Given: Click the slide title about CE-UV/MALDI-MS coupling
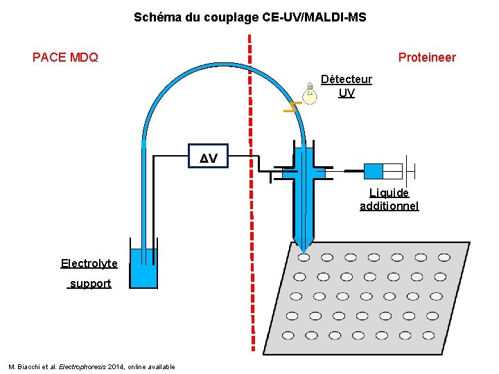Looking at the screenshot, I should click(249, 17).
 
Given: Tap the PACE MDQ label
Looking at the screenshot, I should click(65, 57).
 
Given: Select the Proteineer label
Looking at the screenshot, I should click(427, 57).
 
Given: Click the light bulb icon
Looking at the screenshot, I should click(310, 93).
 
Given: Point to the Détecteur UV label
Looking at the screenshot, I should click(347, 86).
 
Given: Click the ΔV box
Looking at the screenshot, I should click(209, 159).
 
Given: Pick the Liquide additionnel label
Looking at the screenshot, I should click(389, 199).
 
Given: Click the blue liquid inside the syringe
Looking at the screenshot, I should click(373, 171).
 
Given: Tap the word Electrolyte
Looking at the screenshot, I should click(89, 263).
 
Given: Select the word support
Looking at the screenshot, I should click(90, 284).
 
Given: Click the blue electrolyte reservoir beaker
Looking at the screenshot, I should click(144, 269).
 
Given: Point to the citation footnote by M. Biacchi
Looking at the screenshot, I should click(91, 366).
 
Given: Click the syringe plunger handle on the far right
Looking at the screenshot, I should click(413, 170).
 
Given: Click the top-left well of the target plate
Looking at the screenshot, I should click(304, 258).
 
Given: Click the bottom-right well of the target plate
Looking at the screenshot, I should click(428, 335).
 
